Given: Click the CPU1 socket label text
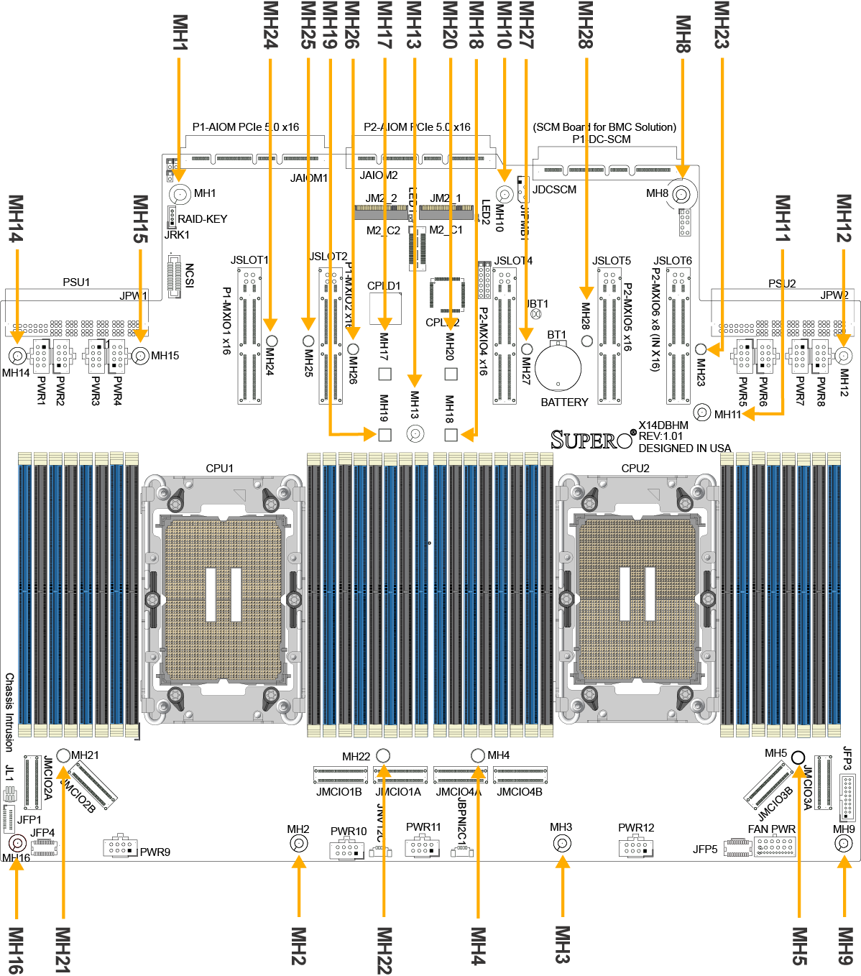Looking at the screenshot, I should (x=219, y=468).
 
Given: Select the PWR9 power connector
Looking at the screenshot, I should (x=120, y=846).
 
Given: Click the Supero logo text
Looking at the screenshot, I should (x=592, y=439).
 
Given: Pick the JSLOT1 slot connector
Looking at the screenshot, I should (x=249, y=335).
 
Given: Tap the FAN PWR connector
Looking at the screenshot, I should (x=775, y=846).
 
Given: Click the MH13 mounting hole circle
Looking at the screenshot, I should (x=415, y=435).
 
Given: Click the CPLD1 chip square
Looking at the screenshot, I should (x=385, y=308).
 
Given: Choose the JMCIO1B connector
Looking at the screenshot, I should (x=340, y=775).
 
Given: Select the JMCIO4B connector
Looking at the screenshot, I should (x=520, y=775).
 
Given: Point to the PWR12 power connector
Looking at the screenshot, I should (x=635, y=846).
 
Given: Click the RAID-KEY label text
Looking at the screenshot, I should (x=202, y=218).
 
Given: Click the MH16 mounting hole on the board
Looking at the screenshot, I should (x=17, y=844).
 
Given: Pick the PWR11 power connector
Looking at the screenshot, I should (x=422, y=846).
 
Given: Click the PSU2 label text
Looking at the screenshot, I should (x=782, y=283).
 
